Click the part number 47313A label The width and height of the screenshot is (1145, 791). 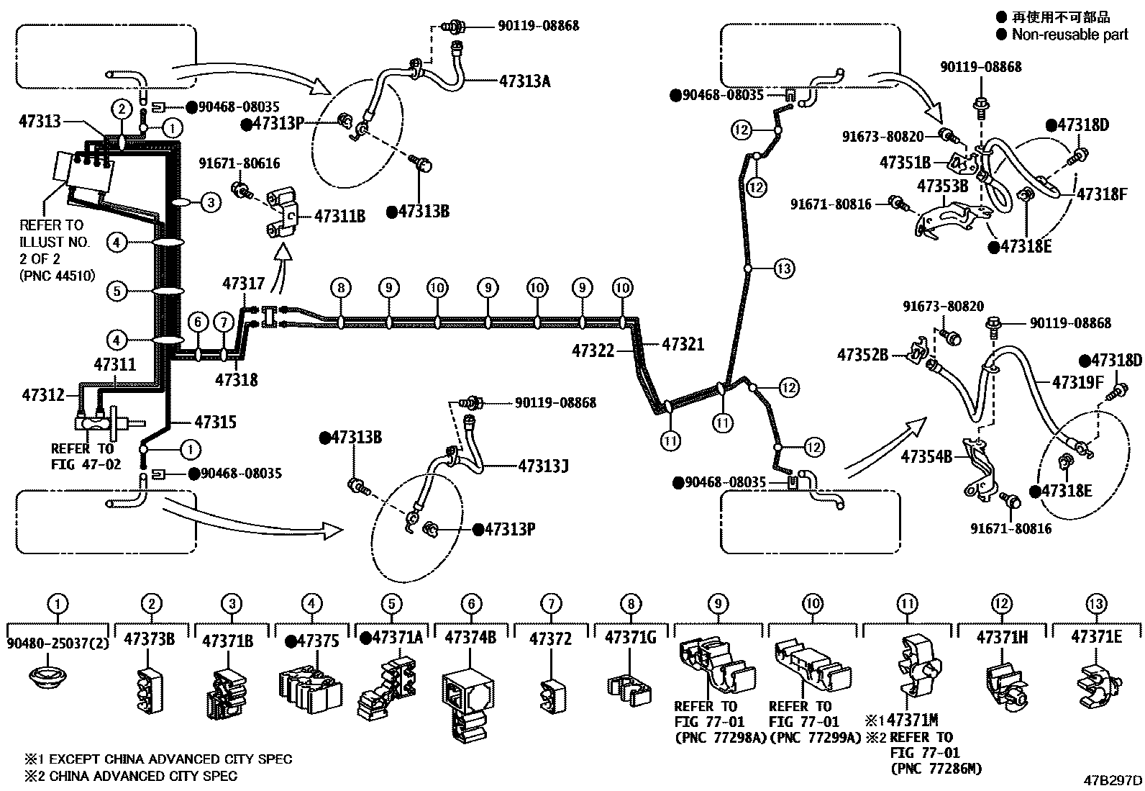pyautogui.click(x=524, y=81)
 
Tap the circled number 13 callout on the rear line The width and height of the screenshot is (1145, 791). pyautogui.click(x=784, y=268)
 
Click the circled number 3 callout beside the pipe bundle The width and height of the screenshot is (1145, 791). pyautogui.click(x=210, y=202)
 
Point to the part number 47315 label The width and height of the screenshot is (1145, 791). pyautogui.click(x=215, y=422)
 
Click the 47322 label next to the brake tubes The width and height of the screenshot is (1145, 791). pyautogui.click(x=593, y=351)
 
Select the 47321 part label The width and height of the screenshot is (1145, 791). pyautogui.click(x=683, y=345)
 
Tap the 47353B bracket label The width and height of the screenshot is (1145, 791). pyautogui.click(x=942, y=187)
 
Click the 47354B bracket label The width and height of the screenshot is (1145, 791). pyautogui.click(x=926, y=456)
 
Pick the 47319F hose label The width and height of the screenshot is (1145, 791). pyautogui.click(x=1077, y=382)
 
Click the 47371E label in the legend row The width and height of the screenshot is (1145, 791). pyautogui.click(x=1095, y=637)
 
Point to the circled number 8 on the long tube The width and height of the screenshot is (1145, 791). pyautogui.click(x=341, y=289)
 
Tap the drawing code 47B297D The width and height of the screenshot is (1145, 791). pyautogui.click(x=1113, y=780)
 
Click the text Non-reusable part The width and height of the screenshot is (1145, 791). pyautogui.click(x=1069, y=34)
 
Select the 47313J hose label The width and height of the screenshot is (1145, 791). pyautogui.click(x=543, y=466)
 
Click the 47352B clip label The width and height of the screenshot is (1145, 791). pyautogui.click(x=862, y=355)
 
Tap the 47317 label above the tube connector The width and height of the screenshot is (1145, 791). pyautogui.click(x=244, y=284)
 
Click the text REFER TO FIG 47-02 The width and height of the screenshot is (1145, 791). pyautogui.click(x=83, y=456)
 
